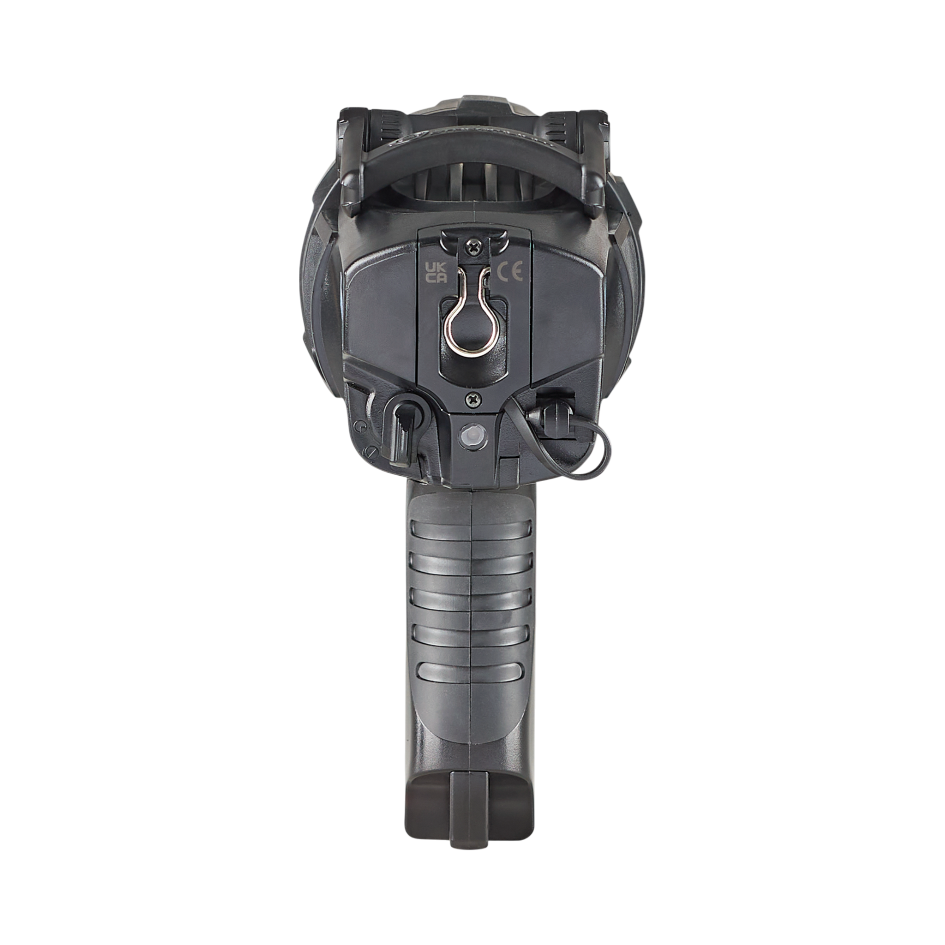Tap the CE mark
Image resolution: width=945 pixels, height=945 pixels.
click(x=510, y=272)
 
